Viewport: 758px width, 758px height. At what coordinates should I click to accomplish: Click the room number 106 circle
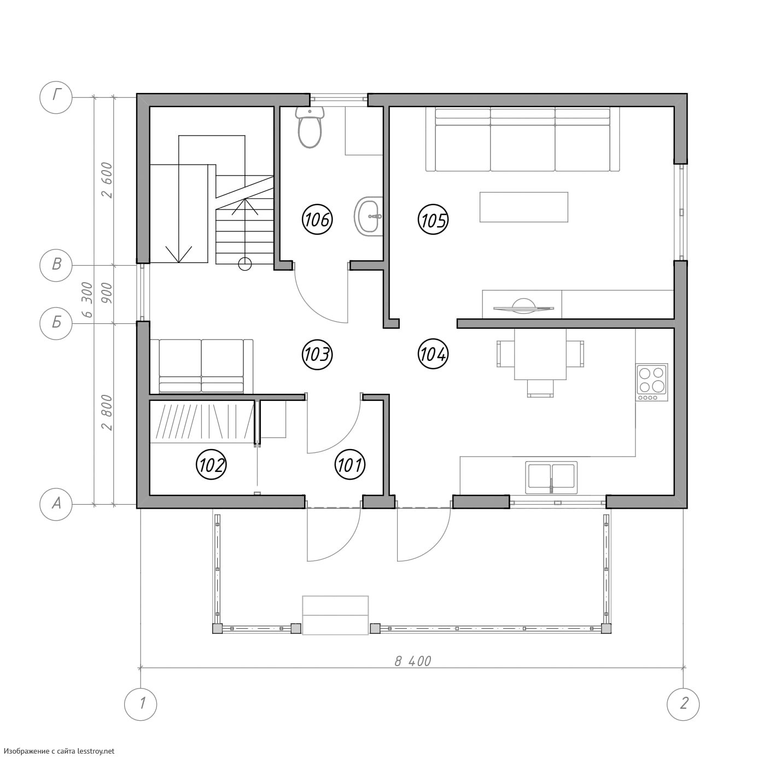click(x=317, y=219)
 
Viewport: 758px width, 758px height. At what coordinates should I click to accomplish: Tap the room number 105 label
click(x=433, y=219)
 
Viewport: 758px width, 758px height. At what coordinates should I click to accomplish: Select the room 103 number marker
click(x=317, y=354)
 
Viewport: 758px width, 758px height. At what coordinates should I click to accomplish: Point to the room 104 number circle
click(x=433, y=354)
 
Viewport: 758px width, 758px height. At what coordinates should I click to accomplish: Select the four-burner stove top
click(x=652, y=382)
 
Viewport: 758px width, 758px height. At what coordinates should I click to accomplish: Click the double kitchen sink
click(x=551, y=477)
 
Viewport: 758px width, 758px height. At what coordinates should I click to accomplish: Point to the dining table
click(x=540, y=354)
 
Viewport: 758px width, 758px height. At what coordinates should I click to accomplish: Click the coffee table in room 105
click(x=523, y=207)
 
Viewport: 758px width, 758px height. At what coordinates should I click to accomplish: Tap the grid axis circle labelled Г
click(x=56, y=97)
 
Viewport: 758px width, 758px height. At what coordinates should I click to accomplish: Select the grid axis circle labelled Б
click(x=56, y=323)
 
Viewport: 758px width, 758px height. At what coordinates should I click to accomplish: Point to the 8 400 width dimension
click(x=412, y=661)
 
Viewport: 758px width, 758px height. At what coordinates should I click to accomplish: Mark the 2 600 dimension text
click(x=107, y=180)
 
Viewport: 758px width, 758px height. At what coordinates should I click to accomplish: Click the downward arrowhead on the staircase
click(x=179, y=254)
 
